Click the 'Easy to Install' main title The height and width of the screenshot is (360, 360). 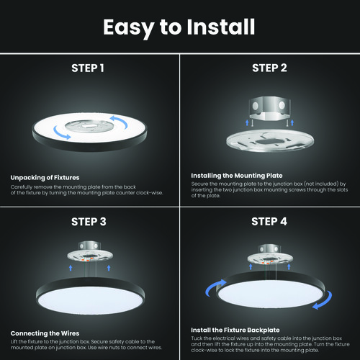coord(179,27)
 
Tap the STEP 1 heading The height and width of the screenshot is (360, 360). coord(88,68)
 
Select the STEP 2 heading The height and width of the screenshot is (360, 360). coord(269,68)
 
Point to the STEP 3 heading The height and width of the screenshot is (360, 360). coord(89,222)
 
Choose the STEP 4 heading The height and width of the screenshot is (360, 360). coord(269,222)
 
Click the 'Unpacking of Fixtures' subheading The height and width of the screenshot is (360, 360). coord(45,178)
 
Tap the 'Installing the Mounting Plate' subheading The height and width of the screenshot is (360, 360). coord(237,176)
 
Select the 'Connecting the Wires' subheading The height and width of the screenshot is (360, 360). coord(45,333)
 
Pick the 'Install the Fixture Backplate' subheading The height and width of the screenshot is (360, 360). coord(235,330)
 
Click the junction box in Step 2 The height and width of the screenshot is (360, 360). coord(270,109)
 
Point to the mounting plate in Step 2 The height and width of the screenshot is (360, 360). coord(270,141)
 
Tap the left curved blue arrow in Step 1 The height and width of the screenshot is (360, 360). coord(61,133)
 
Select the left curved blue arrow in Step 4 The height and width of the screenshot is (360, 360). coord(214,287)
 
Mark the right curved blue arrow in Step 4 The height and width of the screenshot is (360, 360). coord(325,302)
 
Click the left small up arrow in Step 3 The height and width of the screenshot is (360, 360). coord(71,268)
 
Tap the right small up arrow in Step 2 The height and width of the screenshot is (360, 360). coord(292,123)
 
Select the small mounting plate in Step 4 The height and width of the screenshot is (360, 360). coord(270,258)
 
